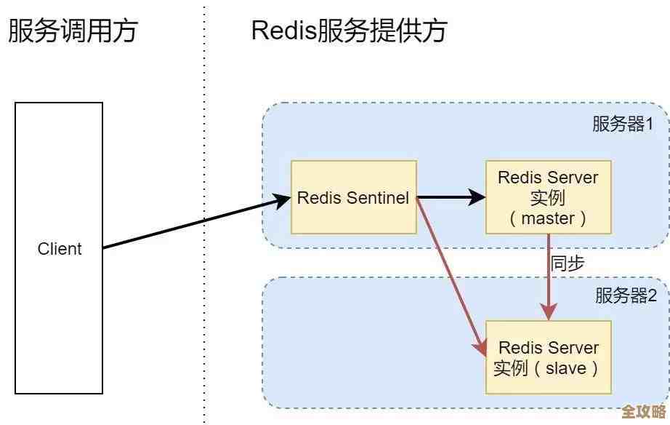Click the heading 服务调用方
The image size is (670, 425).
(x=73, y=31)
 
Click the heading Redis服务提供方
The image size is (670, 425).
(x=349, y=31)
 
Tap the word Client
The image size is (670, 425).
(x=60, y=249)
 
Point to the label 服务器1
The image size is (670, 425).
(x=623, y=124)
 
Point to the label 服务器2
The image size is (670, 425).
(x=626, y=295)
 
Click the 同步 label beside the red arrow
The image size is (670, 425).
(x=568, y=263)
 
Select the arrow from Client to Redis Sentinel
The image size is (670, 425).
(x=189, y=224)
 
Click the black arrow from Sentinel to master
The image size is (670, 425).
(x=451, y=196)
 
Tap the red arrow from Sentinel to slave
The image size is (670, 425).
(x=451, y=276)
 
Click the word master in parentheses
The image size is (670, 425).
(x=549, y=218)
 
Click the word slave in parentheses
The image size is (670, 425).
(x=565, y=368)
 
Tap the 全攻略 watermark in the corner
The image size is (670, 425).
(x=643, y=410)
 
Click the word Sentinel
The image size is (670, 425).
(x=378, y=198)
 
